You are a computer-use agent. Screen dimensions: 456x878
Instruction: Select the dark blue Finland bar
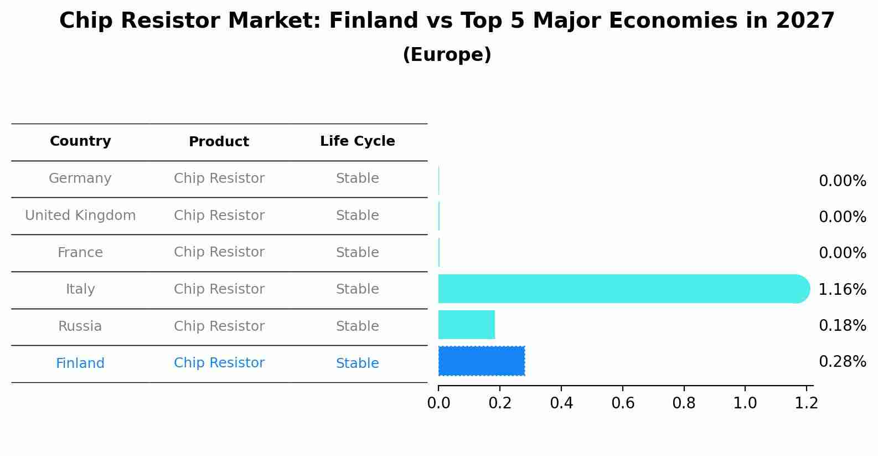(x=481, y=361)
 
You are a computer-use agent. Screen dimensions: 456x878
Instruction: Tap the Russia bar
(x=466, y=325)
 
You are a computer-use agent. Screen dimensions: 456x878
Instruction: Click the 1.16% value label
(x=842, y=289)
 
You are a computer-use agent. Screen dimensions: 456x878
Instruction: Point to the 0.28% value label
(x=842, y=362)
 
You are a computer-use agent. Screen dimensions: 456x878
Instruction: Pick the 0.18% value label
(x=842, y=326)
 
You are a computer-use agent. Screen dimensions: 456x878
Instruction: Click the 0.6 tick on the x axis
(x=623, y=403)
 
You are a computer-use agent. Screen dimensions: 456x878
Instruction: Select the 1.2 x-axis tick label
(x=806, y=403)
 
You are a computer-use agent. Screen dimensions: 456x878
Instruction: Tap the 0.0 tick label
(x=438, y=403)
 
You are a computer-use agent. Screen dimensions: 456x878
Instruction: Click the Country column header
(x=80, y=141)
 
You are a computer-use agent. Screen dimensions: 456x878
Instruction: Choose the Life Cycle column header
(x=357, y=141)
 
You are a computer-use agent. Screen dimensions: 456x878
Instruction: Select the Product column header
(x=219, y=142)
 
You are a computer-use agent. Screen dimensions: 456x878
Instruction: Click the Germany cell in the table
(x=80, y=178)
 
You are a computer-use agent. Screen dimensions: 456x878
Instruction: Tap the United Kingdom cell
(x=80, y=216)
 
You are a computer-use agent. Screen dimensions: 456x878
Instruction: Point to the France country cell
(x=80, y=253)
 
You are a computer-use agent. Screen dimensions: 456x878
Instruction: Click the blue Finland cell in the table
(x=80, y=363)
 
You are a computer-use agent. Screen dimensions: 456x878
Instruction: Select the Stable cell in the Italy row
(x=357, y=289)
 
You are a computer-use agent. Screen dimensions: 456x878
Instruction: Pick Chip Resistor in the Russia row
(x=219, y=326)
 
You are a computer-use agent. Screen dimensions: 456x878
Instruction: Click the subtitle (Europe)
(x=447, y=55)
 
